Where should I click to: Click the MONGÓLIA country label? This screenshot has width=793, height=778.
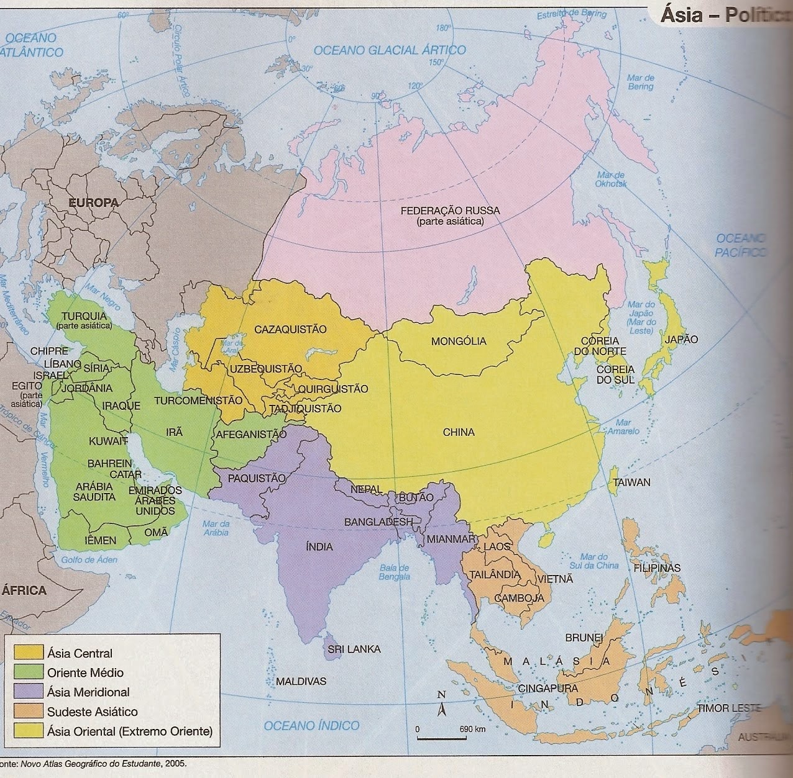pos(459,341)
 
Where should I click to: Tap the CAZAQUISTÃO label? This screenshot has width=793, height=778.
pos(290,329)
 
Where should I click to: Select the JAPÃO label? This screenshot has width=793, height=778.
pos(681,340)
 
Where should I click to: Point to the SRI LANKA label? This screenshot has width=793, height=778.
pos(354,649)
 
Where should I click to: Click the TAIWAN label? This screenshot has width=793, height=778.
pos(631,482)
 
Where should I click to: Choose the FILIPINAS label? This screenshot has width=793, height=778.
pos(657,568)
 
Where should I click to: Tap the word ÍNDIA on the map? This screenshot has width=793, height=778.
pos(319,547)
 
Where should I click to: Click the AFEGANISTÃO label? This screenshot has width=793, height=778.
pos(251,435)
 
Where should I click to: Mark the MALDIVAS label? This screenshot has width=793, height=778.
pos(301,682)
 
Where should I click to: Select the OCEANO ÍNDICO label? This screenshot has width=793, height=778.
pos(311,725)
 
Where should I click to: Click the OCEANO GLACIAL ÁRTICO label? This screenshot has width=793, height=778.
pos(390,50)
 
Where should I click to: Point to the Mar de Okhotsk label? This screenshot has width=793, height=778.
pos(612,179)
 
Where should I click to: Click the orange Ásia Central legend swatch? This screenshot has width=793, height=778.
pos(29,653)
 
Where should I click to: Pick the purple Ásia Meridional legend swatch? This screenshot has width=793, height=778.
pos(29,692)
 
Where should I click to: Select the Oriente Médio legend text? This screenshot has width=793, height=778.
pos(85,672)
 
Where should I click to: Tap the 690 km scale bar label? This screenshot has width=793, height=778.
pos(472,729)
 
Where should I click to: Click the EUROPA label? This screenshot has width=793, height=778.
pos(93,202)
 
